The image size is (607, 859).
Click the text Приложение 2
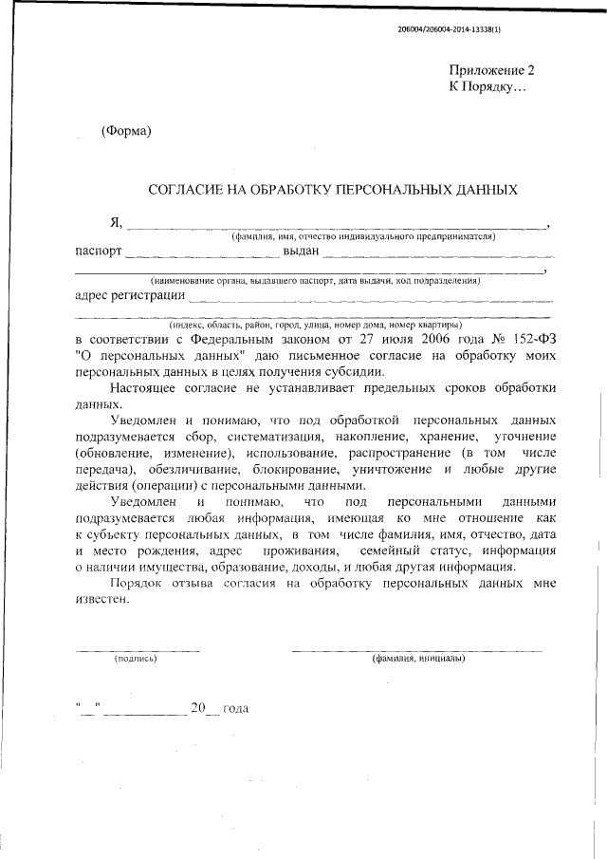[x=492, y=71]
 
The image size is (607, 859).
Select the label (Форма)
[x=126, y=130]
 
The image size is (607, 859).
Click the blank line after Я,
[x=337, y=227]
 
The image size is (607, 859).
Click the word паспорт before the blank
[x=98, y=252]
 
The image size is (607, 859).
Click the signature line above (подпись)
[x=137, y=650]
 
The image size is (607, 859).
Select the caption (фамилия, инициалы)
[x=418, y=658]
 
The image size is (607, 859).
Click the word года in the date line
[x=234, y=709]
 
